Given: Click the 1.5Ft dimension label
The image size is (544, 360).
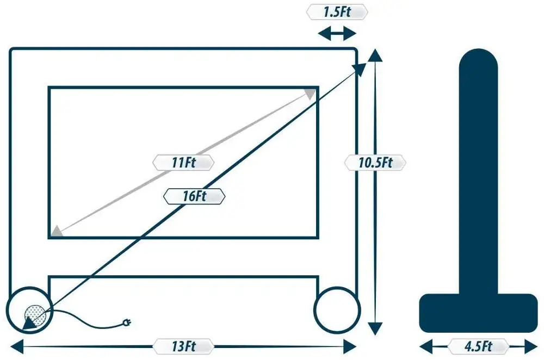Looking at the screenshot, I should (x=337, y=12).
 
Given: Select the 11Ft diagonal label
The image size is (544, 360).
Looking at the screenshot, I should (x=183, y=162).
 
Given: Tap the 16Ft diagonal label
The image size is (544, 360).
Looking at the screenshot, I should (x=194, y=196).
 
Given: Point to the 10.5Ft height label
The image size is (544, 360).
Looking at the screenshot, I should (x=375, y=162).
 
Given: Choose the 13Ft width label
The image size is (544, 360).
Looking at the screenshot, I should (x=183, y=346).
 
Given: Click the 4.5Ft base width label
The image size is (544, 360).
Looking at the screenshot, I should (x=479, y=346).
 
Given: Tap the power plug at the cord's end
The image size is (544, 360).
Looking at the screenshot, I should (x=129, y=323).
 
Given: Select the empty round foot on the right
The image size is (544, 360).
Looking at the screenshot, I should (x=337, y=308).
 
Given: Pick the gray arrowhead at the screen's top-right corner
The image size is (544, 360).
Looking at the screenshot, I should (x=310, y=94).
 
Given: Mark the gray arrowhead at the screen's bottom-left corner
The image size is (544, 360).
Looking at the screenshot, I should (x=56, y=232).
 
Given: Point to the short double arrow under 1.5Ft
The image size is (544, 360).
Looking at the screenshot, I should (x=337, y=34).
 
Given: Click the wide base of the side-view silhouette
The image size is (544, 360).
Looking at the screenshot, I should (x=479, y=313).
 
